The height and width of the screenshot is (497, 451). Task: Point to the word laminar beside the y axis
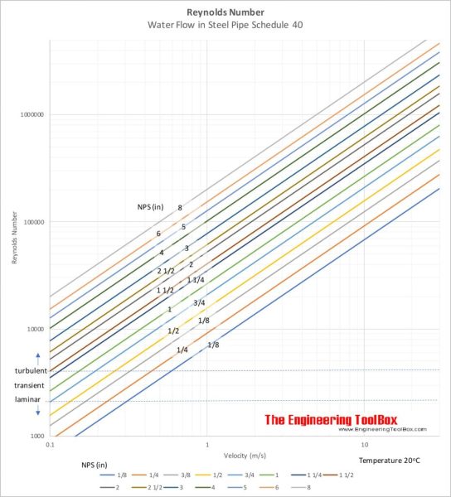pyautogui.click(x=26, y=401)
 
